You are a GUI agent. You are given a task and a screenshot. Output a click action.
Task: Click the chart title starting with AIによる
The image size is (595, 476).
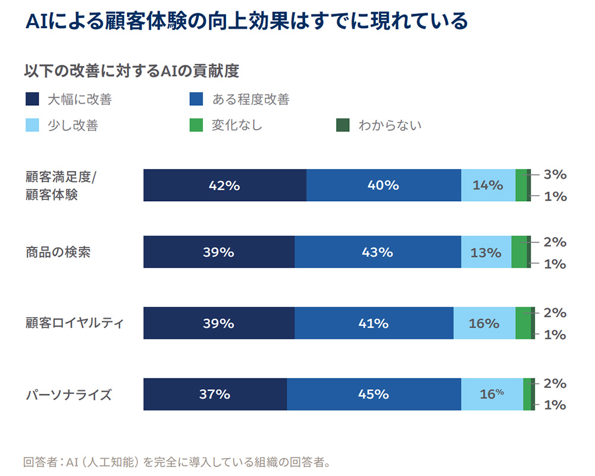pos(246,22)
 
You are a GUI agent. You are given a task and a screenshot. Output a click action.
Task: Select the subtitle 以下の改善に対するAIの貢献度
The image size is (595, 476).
pos(131,71)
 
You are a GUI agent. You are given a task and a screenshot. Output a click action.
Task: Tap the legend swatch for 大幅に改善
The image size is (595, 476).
pos(33,99)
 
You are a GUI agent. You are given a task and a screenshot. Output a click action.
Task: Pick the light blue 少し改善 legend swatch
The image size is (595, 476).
pos(33,125)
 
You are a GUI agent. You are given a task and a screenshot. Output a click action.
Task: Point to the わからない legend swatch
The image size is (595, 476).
pos(343,125)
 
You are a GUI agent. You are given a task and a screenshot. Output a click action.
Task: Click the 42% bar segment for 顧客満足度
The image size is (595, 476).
pos(224,185)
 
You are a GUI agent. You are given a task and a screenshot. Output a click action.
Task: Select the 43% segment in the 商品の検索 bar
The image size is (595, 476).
pos(377,252)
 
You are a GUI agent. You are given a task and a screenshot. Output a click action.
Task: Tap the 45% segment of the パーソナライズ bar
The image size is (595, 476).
pos(374,394)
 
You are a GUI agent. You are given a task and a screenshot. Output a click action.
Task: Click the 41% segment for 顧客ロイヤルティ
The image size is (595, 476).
pos(374,323)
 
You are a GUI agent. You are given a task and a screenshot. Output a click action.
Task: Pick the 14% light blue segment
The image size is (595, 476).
pos(488,185)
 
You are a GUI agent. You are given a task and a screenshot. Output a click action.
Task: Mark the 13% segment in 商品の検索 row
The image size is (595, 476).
pos(486,252)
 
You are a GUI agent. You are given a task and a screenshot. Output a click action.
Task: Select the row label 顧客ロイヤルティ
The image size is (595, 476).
pos(74,323)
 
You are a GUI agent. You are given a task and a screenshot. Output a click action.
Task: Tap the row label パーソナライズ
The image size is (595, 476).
pos(68,394)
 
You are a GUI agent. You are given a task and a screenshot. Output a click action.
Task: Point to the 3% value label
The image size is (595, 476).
pos(555,174)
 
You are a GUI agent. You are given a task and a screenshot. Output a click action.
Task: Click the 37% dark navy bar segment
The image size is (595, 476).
pos(215,394)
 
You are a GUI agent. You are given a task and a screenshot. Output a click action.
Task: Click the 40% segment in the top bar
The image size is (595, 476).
pos(383,185)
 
